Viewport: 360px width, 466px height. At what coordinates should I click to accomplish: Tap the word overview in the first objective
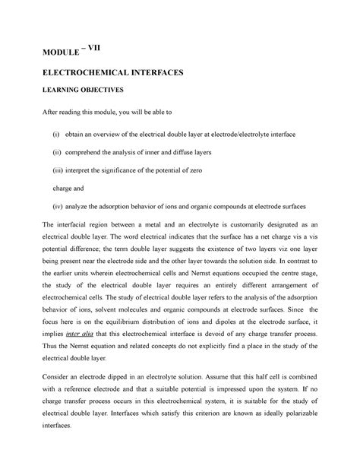point(127,134)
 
